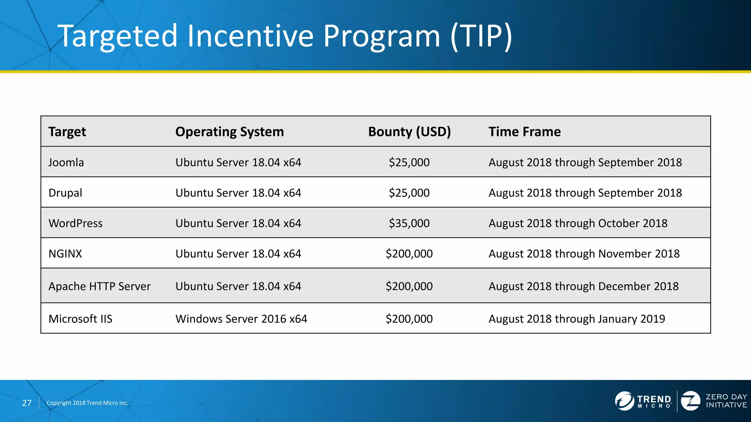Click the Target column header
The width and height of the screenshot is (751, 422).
pos(67,132)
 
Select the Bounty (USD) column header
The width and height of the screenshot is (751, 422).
pos(409,132)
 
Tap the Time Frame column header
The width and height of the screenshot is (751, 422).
pos(524,132)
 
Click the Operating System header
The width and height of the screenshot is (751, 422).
pos(230,132)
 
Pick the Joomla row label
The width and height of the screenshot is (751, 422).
pos(66,162)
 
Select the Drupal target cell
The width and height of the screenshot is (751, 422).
pos(65,193)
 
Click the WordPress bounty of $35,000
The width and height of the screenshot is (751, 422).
pos(409,223)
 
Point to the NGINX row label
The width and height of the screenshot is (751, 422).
pos(65,253)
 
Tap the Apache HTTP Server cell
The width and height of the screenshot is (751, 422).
pos(99,286)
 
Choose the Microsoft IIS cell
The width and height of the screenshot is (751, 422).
pos(80,319)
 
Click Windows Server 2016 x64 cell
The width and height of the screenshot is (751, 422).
pos(241,319)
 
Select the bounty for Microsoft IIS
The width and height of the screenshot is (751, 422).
pos(409,319)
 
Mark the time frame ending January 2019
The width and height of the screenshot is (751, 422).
pos(576,319)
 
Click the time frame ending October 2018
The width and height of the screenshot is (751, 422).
pos(578,223)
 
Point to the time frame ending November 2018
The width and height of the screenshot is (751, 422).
pos(584,253)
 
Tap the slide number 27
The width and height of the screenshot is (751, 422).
pos(27,403)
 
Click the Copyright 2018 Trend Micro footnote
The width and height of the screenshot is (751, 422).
pos(87,403)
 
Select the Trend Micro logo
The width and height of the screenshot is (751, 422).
pos(644,401)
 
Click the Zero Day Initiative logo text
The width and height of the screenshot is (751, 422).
pos(726,401)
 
